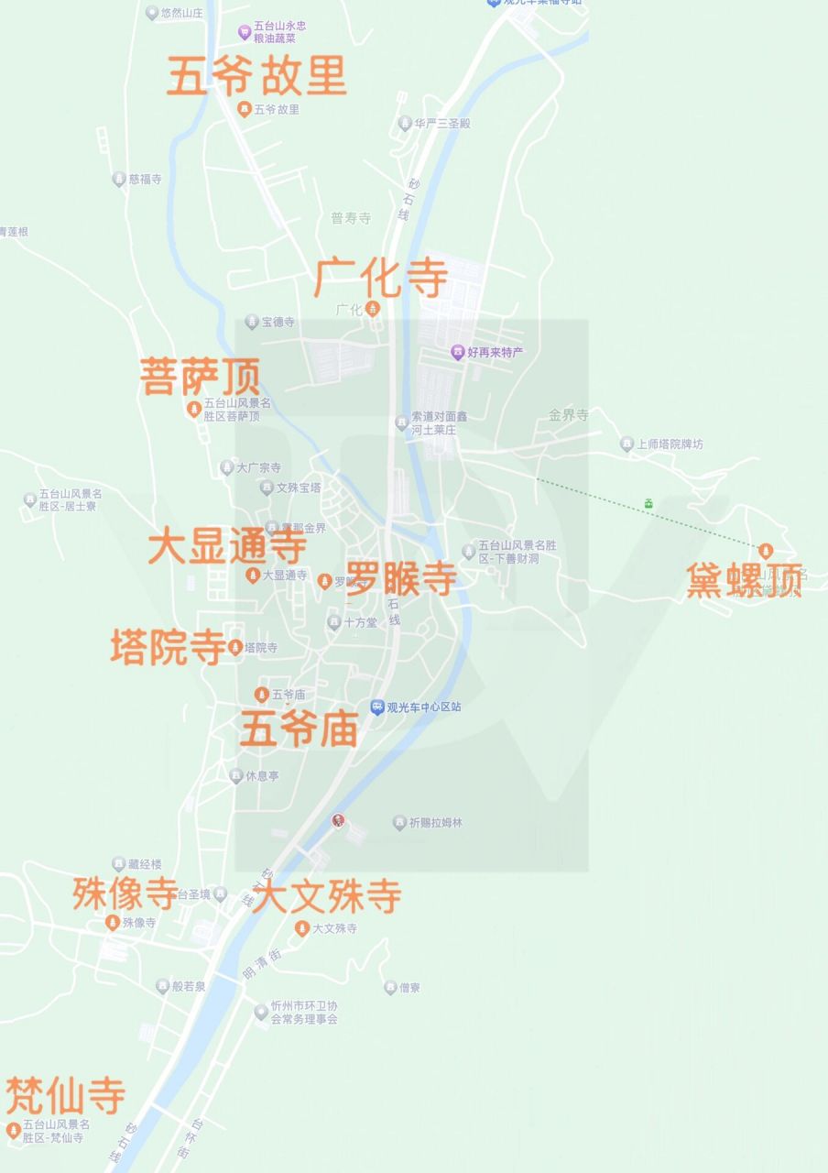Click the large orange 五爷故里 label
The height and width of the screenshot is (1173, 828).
click(256, 76)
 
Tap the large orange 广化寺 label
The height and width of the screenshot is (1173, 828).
click(381, 278)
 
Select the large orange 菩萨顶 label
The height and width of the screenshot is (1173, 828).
click(200, 376)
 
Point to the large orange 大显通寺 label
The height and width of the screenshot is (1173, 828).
click(227, 547)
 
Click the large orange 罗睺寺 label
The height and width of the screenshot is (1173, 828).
click(401, 578)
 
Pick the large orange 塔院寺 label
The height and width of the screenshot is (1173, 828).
click(168, 647)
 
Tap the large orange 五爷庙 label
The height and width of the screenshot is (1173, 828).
click(299, 730)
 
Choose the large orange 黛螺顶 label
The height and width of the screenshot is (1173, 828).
click(744, 581)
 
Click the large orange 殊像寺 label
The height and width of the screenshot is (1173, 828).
click(125, 893)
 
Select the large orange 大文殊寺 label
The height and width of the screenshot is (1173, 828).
click(326, 896)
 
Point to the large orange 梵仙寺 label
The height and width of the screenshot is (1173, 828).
click(65, 1095)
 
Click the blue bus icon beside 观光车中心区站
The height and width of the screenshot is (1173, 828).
click(376, 707)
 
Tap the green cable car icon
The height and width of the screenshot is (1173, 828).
click(648, 503)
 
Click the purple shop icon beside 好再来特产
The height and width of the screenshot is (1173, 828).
click(457, 352)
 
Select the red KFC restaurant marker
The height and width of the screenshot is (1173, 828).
click(338, 821)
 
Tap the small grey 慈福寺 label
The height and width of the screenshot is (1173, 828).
click(145, 180)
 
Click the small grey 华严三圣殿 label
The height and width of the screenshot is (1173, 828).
click(441, 123)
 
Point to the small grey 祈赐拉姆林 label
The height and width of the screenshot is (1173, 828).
click(435, 823)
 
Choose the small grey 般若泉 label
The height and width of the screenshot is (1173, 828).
click(188, 987)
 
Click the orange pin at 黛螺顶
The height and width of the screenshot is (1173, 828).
click(767, 551)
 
